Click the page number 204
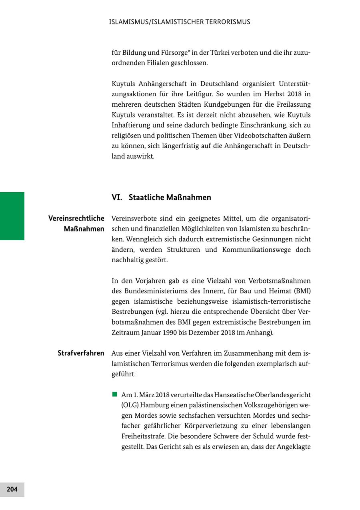[x=12, y=489]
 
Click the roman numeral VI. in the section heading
[x=117, y=197]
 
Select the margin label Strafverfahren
[x=81, y=353]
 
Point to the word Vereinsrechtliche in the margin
[x=76, y=218]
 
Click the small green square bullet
[x=115, y=394]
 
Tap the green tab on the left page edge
[x=12, y=216]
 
